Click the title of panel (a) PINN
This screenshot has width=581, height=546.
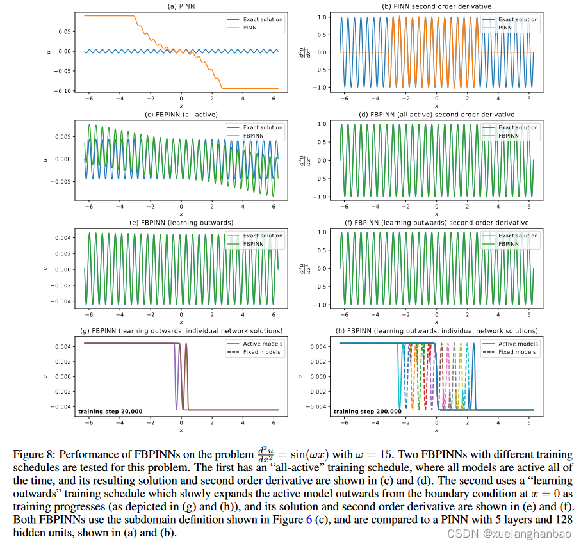181,6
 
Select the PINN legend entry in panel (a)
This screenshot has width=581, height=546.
255,28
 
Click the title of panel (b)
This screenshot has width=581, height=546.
436,6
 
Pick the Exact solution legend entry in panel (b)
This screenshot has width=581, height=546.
518,19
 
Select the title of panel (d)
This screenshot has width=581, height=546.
436,115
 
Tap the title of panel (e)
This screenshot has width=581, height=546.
181,223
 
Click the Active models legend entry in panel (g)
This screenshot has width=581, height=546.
263,344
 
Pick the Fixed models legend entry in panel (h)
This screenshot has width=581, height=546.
517,352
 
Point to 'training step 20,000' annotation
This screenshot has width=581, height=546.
110,411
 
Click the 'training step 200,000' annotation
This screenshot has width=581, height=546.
368,411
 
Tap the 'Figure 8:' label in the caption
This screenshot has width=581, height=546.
33,453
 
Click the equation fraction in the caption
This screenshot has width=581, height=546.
264,453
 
